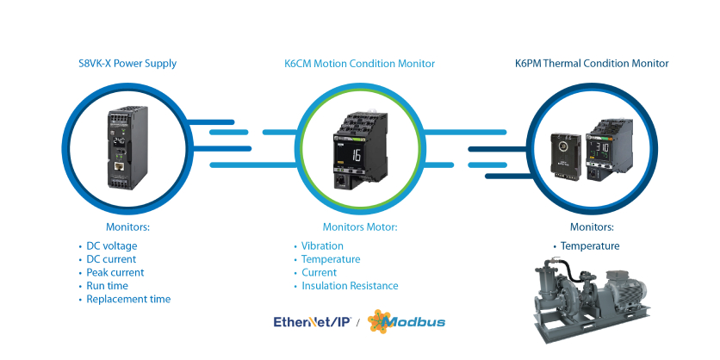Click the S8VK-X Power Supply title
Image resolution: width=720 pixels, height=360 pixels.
tap(127, 64)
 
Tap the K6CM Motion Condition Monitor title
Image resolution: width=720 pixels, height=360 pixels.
tap(359, 64)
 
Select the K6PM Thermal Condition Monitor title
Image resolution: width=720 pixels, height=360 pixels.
tap(591, 64)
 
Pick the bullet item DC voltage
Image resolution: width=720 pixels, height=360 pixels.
tap(111, 245)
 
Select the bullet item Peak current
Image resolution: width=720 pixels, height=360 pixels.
tap(115, 272)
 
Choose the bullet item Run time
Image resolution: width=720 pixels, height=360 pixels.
tap(107, 286)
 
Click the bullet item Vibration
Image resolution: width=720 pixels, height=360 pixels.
tap(322, 245)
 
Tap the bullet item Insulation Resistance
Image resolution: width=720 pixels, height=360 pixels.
tap(349, 286)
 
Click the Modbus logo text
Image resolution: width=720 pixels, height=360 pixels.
tap(414, 322)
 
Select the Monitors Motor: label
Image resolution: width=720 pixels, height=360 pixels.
tap(359, 227)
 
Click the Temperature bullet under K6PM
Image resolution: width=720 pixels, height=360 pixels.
tap(590, 245)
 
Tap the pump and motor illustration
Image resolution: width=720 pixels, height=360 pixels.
tap(594, 297)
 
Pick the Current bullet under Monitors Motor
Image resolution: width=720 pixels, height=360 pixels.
tap(319, 272)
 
